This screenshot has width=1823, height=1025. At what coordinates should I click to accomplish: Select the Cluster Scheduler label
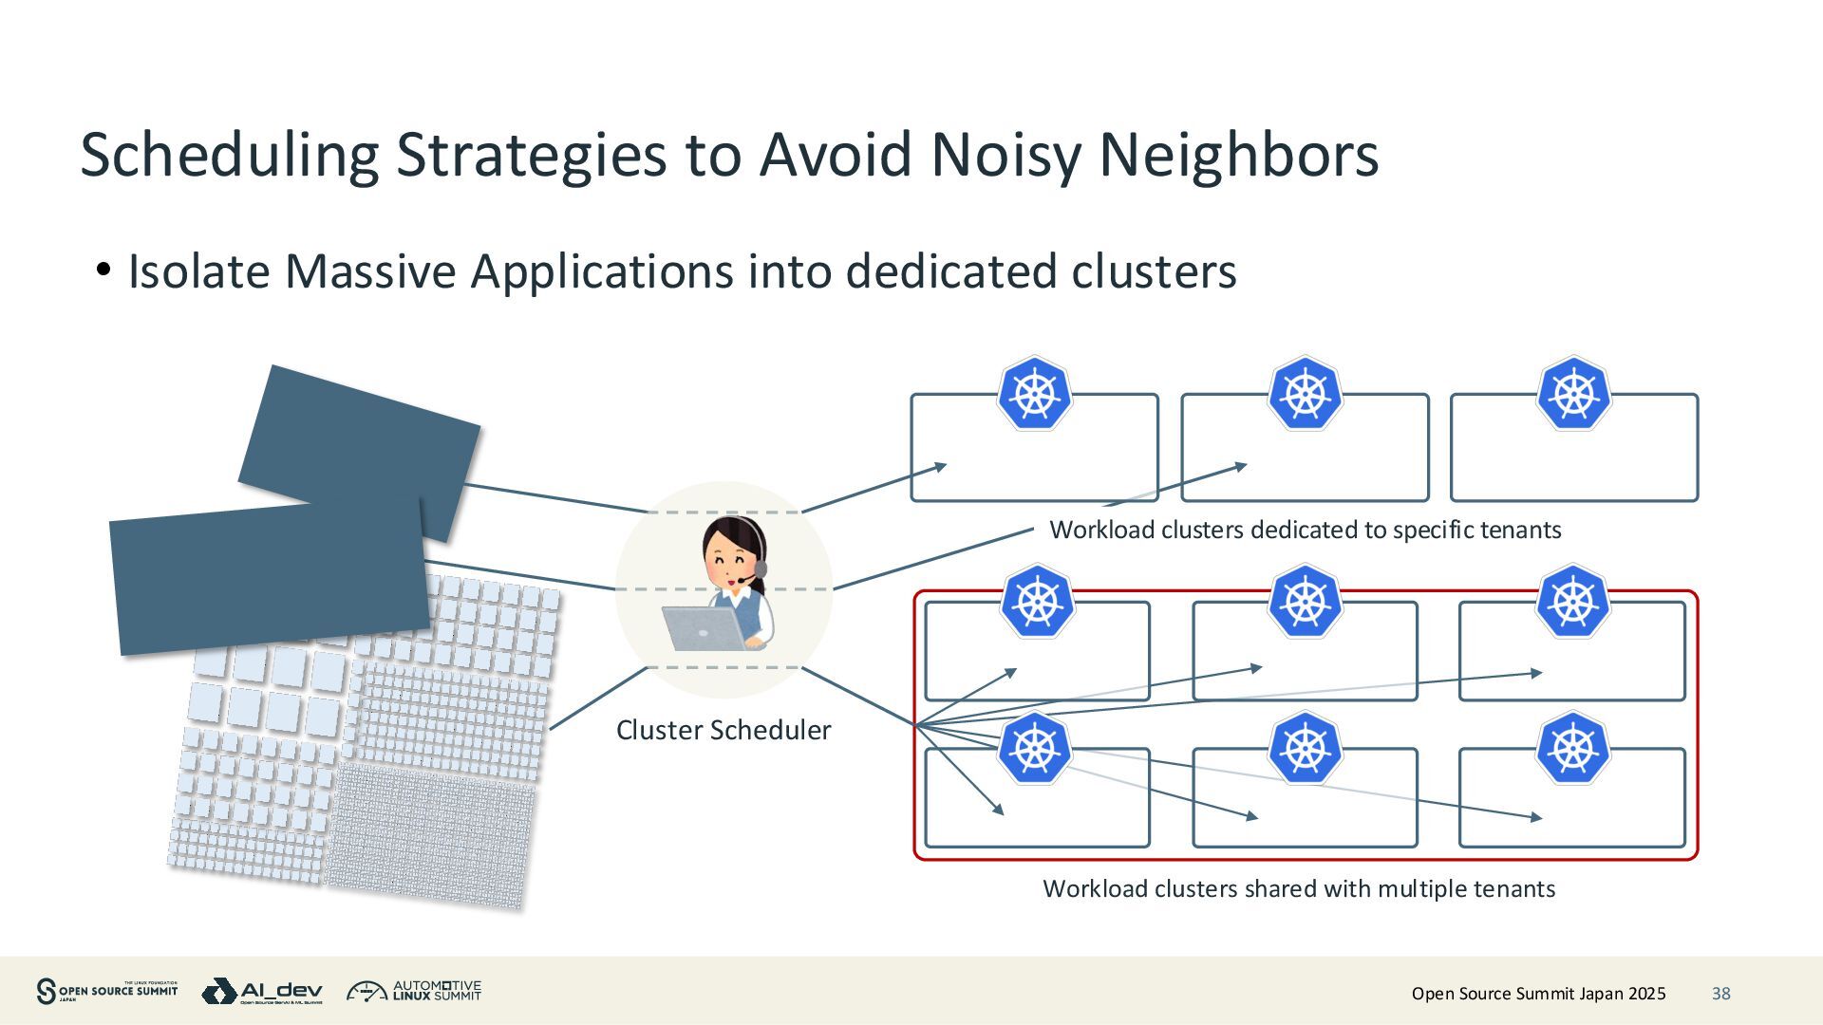[x=723, y=730]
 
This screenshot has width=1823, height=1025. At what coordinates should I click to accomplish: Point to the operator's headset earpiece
[x=760, y=568]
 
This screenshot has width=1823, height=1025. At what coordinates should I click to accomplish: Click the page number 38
[x=1720, y=994]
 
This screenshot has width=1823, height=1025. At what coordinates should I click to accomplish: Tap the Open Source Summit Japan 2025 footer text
[x=1538, y=994]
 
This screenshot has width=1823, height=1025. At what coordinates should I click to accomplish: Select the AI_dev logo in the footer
[x=262, y=992]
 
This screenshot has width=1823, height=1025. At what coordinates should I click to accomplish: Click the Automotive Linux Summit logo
[x=414, y=992]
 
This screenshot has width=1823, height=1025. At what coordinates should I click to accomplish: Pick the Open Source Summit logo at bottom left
[x=106, y=992]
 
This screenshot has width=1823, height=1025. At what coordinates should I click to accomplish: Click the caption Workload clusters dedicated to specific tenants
[x=1305, y=530]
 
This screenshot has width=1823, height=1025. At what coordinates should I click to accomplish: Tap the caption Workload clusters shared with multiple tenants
[x=1298, y=888]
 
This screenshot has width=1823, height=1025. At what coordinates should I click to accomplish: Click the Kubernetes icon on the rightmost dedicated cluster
[x=1573, y=393]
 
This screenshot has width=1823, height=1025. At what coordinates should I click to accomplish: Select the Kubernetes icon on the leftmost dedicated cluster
[x=1034, y=393]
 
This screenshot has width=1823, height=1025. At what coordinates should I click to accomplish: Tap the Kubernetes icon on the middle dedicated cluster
[x=1305, y=393]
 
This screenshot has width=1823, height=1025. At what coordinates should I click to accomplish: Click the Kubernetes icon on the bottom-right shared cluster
[x=1572, y=748]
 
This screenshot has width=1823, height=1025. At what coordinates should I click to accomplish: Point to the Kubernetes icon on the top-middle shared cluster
[x=1305, y=602]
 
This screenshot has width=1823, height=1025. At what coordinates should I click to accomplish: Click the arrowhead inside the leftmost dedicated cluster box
[x=940, y=465]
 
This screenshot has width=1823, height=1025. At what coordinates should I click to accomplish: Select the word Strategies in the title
[x=531, y=155]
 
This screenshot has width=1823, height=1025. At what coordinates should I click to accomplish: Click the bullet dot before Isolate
[x=103, y=270]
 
